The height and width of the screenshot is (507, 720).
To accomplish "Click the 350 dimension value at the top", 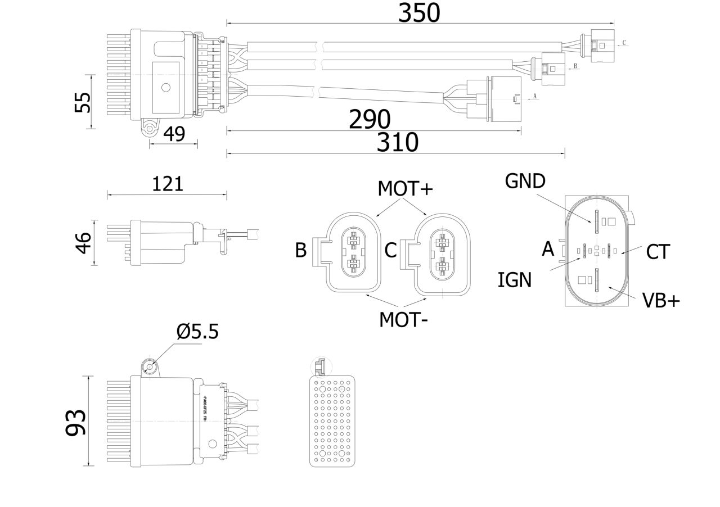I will [419, 13].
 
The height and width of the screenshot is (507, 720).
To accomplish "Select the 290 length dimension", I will [370, 119].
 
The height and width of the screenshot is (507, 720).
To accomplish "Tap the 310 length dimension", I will [398, 143].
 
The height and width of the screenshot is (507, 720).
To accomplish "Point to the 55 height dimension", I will [83, 102].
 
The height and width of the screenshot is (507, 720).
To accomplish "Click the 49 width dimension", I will [174, 134].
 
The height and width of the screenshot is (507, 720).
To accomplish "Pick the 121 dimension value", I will [168, 184].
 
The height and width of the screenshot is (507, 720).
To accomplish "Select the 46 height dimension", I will [83, 243].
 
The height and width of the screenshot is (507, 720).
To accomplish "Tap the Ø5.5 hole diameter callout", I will [197, 332].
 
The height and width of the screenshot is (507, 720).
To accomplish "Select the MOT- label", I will [403, 320].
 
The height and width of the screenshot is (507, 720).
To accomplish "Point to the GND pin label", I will [525, 181].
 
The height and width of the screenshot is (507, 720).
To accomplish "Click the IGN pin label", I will [514, 279].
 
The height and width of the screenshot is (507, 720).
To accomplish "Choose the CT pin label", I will [658, 252].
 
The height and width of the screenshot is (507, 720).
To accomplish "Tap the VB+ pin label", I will [661, 301].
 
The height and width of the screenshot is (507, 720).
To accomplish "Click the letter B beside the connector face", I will [301, 250].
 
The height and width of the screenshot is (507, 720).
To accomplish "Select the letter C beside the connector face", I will [391, 250].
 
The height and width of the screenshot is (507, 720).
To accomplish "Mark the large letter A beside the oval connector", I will [548, 248].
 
